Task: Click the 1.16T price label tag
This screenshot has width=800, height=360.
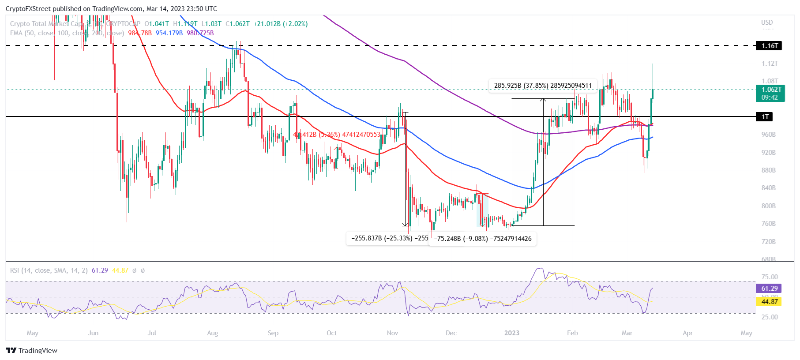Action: pos(769,45)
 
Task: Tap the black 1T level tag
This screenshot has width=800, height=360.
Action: pos(765,116)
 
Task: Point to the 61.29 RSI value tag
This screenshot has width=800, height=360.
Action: pos(769,289)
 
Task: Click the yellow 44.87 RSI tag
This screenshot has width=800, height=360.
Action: pos(769,302)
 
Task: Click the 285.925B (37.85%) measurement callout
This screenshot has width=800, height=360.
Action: pos(542,85)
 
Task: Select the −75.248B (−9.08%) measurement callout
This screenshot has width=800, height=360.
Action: pos(483,239)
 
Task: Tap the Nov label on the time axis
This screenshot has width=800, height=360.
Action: pos(392,333)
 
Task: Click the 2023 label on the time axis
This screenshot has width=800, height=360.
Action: pos(512,333)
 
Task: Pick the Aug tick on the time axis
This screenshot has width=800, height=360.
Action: pos(212,333)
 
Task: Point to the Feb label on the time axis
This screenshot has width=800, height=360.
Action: pos(572,333)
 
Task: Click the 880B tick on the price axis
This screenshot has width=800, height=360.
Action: pos(768,170)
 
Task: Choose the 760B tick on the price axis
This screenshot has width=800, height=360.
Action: pos(768,224)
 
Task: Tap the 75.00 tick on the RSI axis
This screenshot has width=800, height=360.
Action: pos(770,277)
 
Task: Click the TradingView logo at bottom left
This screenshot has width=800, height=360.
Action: pos(32,351)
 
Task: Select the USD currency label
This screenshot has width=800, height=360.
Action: pos(767,22)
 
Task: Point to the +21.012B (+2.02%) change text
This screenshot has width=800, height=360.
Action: pos(281,24)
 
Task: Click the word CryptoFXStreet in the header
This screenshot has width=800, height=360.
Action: pos(28,9)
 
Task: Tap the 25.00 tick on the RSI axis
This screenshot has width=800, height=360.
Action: pos(770,317)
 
